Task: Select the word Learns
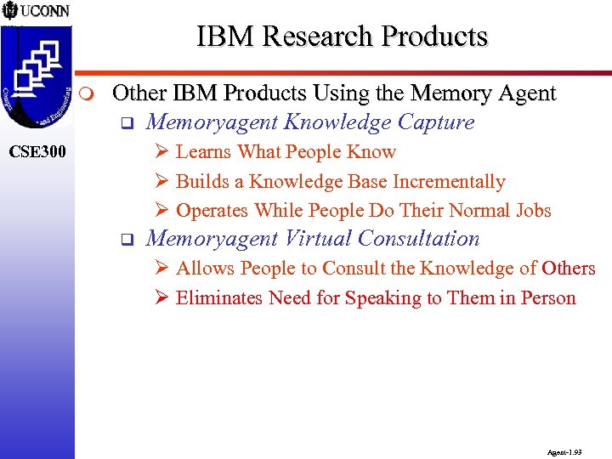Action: coord(203,152)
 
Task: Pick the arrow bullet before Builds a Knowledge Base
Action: coord(161,181)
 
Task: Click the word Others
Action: coord(569,269)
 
